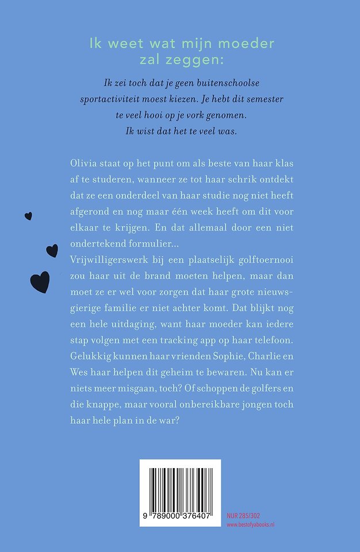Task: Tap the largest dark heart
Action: click(40, 282)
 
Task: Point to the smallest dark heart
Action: click(28, 216)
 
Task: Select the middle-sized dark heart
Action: click(52, 250)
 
